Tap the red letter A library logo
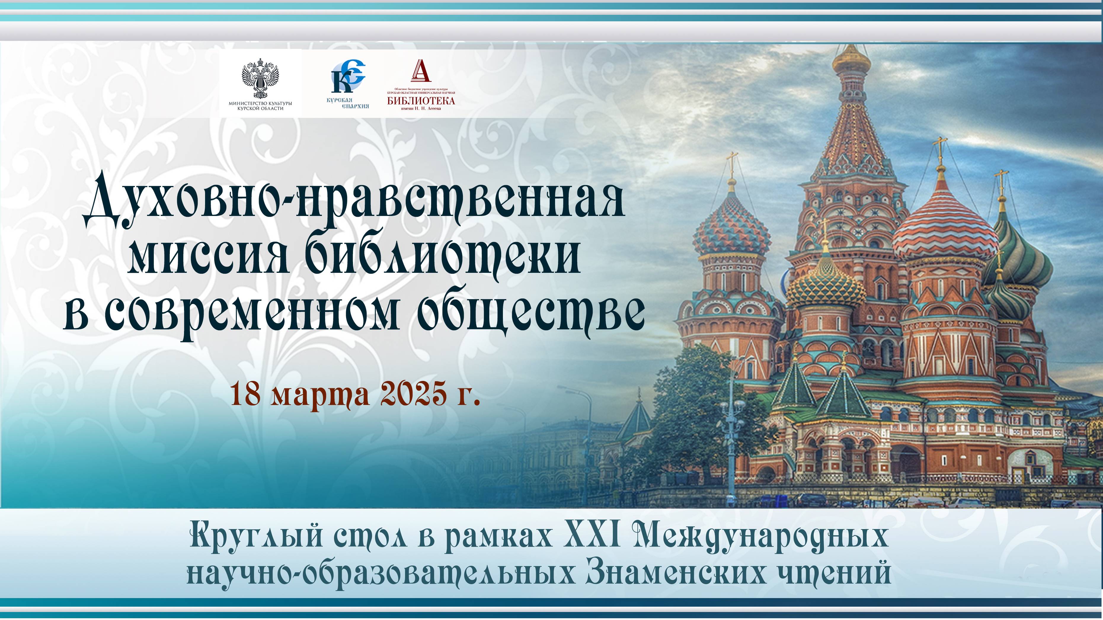(421, 71)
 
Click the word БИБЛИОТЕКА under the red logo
(421, 100)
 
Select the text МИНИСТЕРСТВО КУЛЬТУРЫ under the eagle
(260, 104)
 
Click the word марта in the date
(320, 395)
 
